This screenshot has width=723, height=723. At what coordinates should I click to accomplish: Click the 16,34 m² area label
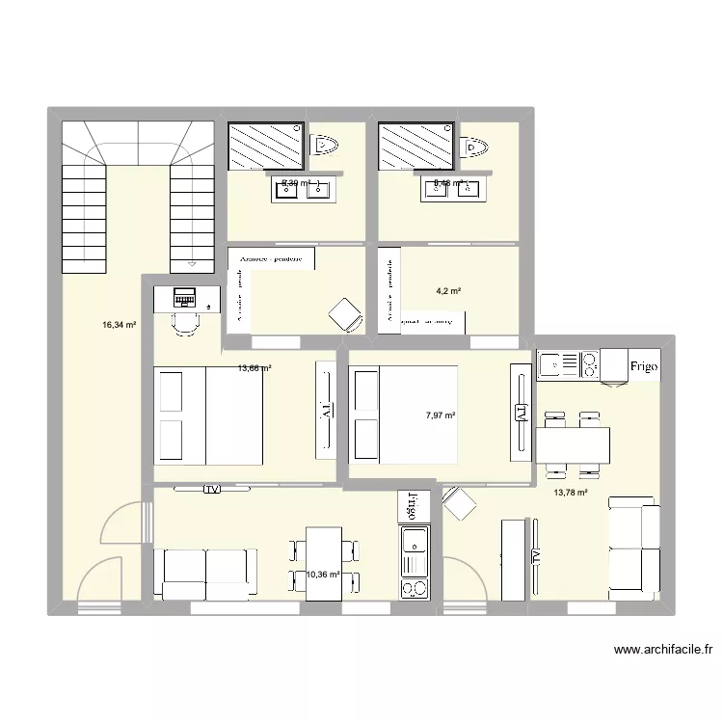pyautogui.click(x=120, y=325)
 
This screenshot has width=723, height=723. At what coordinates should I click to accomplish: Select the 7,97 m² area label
pyautogui.click(x=440, y=415)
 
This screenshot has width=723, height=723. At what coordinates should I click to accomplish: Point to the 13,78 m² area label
pyautogui.click(x=569, y=493)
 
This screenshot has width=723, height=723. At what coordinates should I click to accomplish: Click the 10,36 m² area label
pyautogui.click(x=323, y=575)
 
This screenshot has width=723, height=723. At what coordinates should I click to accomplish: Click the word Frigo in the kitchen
pyautogui.click(x=644, y=366)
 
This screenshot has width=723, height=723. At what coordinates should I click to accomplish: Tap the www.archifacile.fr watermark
pyautogui.click(x=663, y=651)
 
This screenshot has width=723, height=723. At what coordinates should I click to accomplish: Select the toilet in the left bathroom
pyautogui.click(x=327, y=145)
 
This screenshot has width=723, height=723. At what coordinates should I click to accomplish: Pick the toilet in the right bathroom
pyautogui.click(x=476, y=147)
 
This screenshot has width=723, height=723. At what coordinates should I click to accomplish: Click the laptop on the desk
pyautogui.click(x=183, y=297)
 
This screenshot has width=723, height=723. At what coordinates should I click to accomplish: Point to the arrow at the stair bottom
pyautogui.click(x=192, y=261)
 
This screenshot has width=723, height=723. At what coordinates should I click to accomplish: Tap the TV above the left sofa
pyautogui.click(x=212, y=490)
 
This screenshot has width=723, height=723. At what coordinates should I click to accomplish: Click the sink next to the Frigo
pyautogui.click(x=554, y=364)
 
